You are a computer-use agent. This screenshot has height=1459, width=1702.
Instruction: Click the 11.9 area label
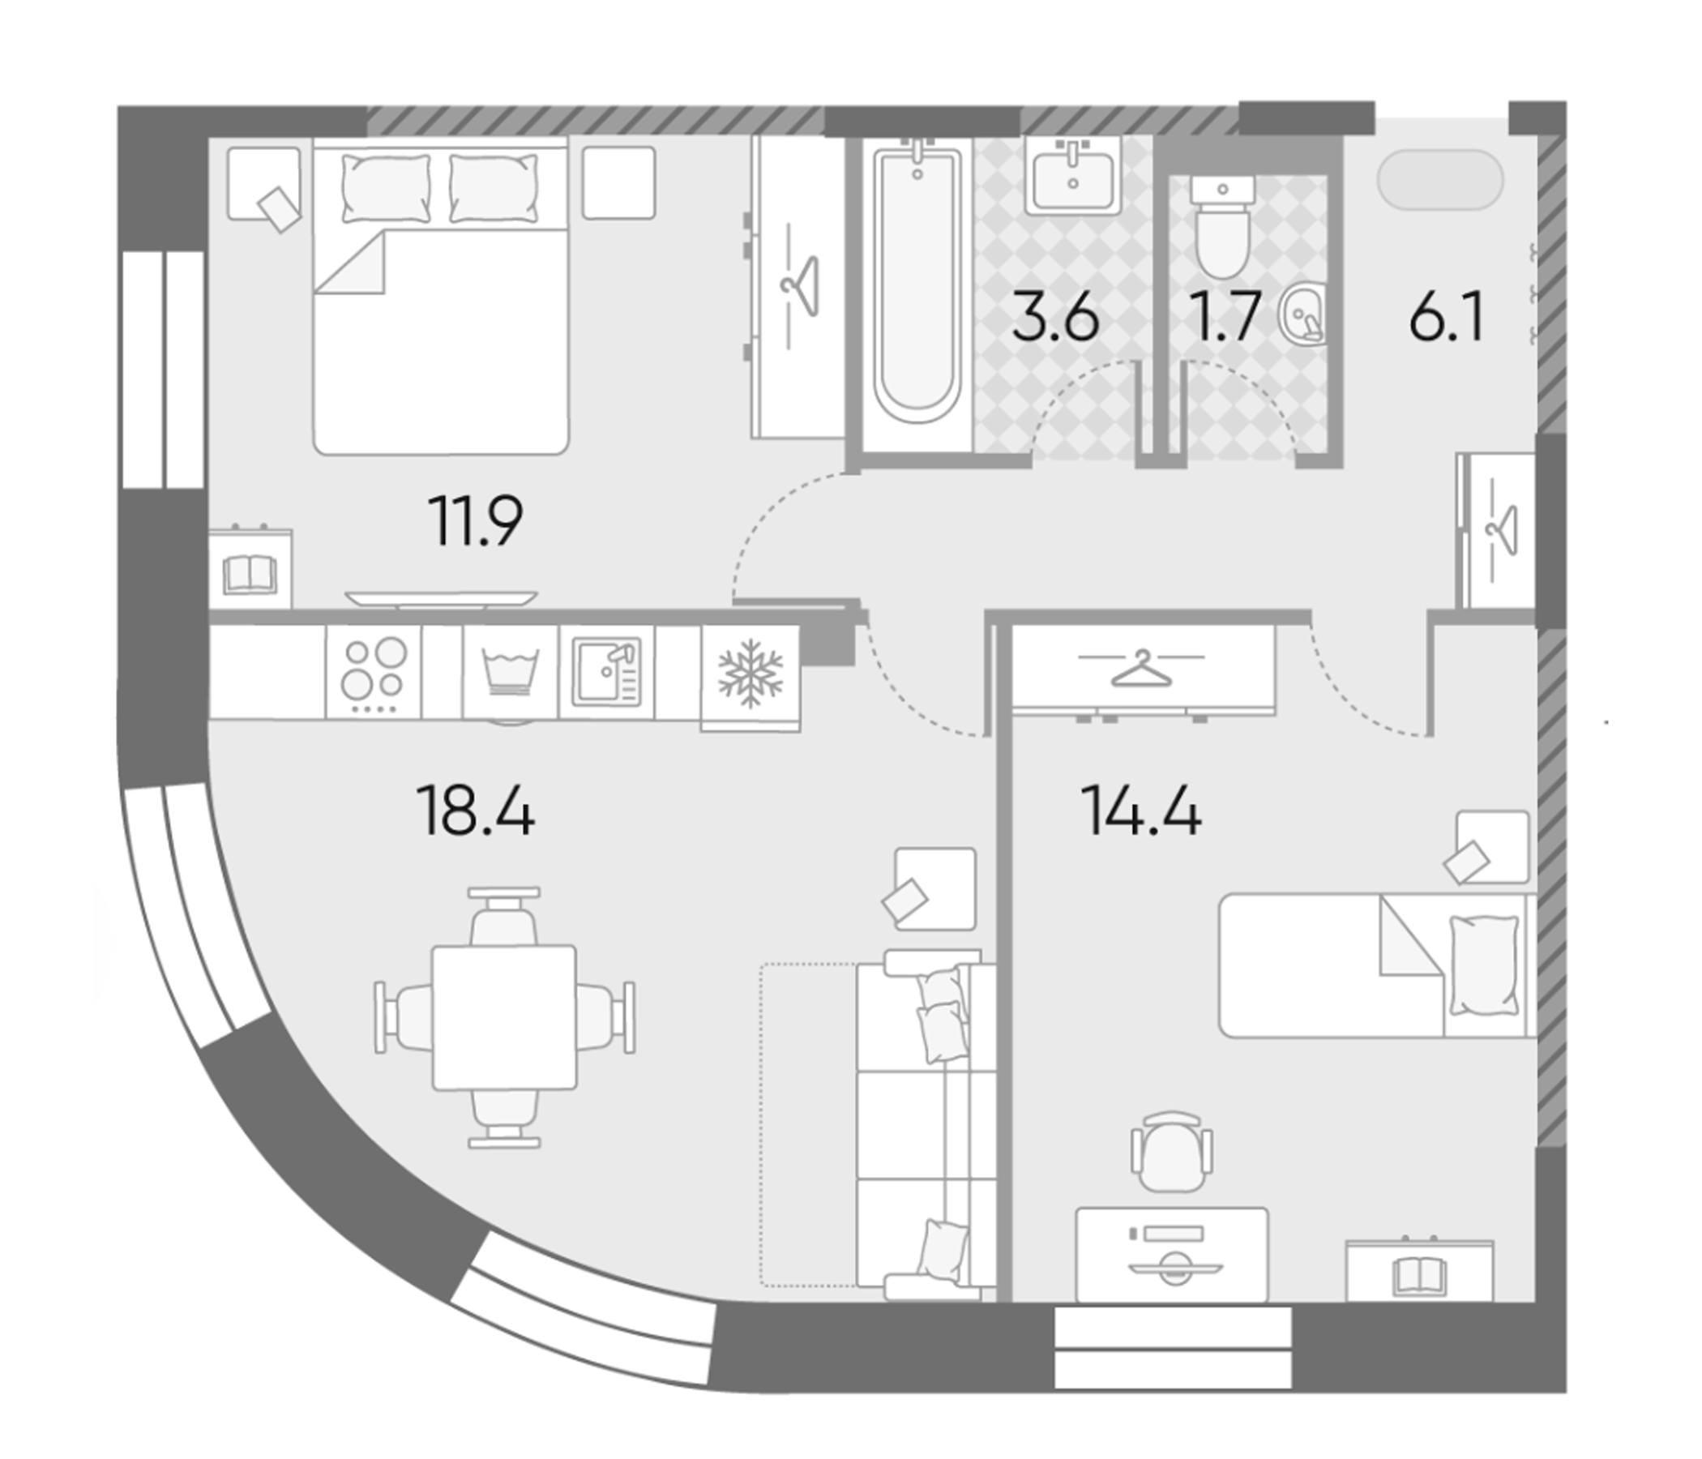[x=475, y=521]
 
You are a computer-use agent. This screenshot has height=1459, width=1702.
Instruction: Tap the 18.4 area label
[x=476, y=811]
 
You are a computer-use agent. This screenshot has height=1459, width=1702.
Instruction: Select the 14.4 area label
[x=1141, y=811]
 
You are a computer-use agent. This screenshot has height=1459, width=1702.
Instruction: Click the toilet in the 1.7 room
[x=1222, y=226]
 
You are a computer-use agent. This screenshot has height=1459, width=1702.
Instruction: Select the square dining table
[x=503, y=1017]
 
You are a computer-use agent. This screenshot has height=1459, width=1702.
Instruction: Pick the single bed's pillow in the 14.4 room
[x=1483, y=965]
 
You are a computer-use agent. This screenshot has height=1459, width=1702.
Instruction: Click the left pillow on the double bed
[x=385, y=188]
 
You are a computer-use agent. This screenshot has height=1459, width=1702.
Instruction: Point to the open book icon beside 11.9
[x=249, y=574]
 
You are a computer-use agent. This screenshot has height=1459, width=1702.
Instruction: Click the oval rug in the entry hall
[x=1440, y=179]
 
